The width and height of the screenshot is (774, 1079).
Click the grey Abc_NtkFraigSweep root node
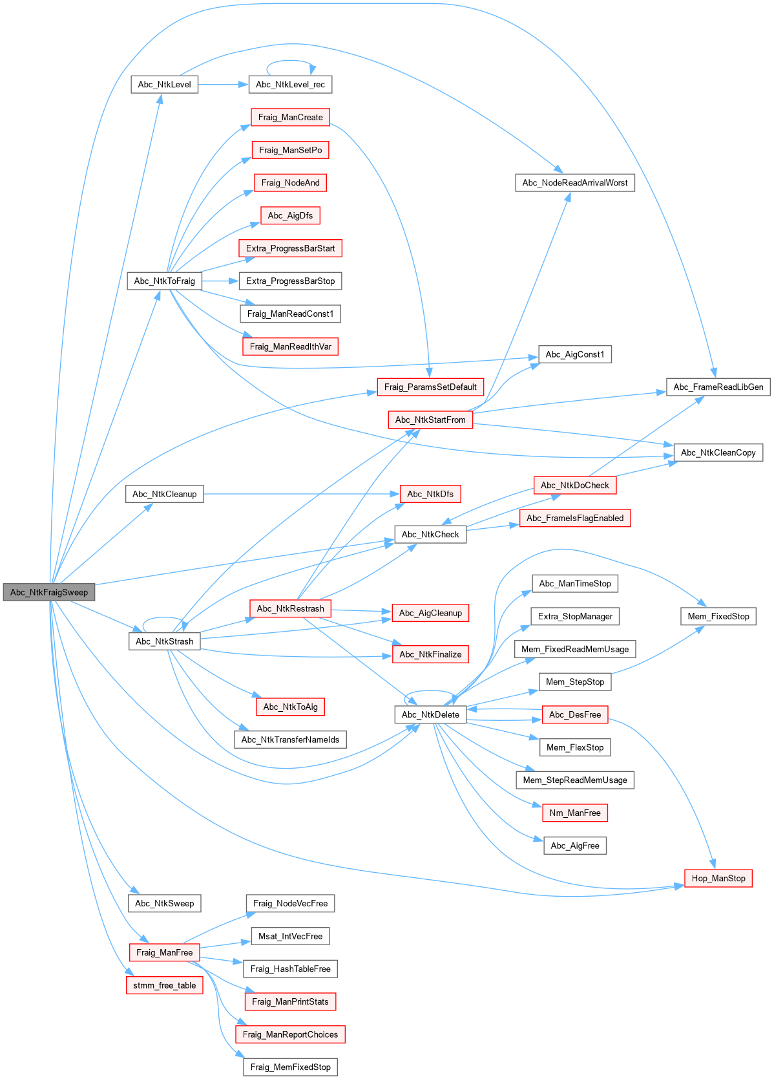[x=49, y=592]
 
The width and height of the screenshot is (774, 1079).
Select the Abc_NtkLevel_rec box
[x=290, y=85]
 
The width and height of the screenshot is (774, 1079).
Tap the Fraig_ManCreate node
[x=290, y=117]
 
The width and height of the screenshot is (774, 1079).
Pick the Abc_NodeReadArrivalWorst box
[x=574, y=183]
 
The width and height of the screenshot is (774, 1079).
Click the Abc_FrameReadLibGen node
[x=718, y=387]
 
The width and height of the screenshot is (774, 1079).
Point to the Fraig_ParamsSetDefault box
[x=430, y=387]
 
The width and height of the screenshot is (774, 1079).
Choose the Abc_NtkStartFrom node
[x=430, y=420]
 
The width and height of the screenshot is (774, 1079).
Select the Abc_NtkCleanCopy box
[x=718, y=453]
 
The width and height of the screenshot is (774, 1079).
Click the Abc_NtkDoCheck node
[x=574, y=486]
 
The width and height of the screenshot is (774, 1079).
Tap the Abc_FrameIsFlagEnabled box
[x=574, y=518]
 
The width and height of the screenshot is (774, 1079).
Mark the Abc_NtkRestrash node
[x=290, y=608]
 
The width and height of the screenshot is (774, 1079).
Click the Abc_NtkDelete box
[x=430, y=714]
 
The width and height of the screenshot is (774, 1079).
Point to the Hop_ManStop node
[x=718, y=878]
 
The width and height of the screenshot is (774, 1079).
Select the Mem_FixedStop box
[x=718, y=616]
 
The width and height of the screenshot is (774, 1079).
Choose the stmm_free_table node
[x=164, y=985]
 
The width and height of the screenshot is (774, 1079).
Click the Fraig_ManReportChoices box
[x=290, y=1034]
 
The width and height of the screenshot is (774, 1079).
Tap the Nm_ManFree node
[x=574, y=813]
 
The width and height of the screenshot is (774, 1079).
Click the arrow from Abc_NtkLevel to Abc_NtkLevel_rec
[x=223, y=85]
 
